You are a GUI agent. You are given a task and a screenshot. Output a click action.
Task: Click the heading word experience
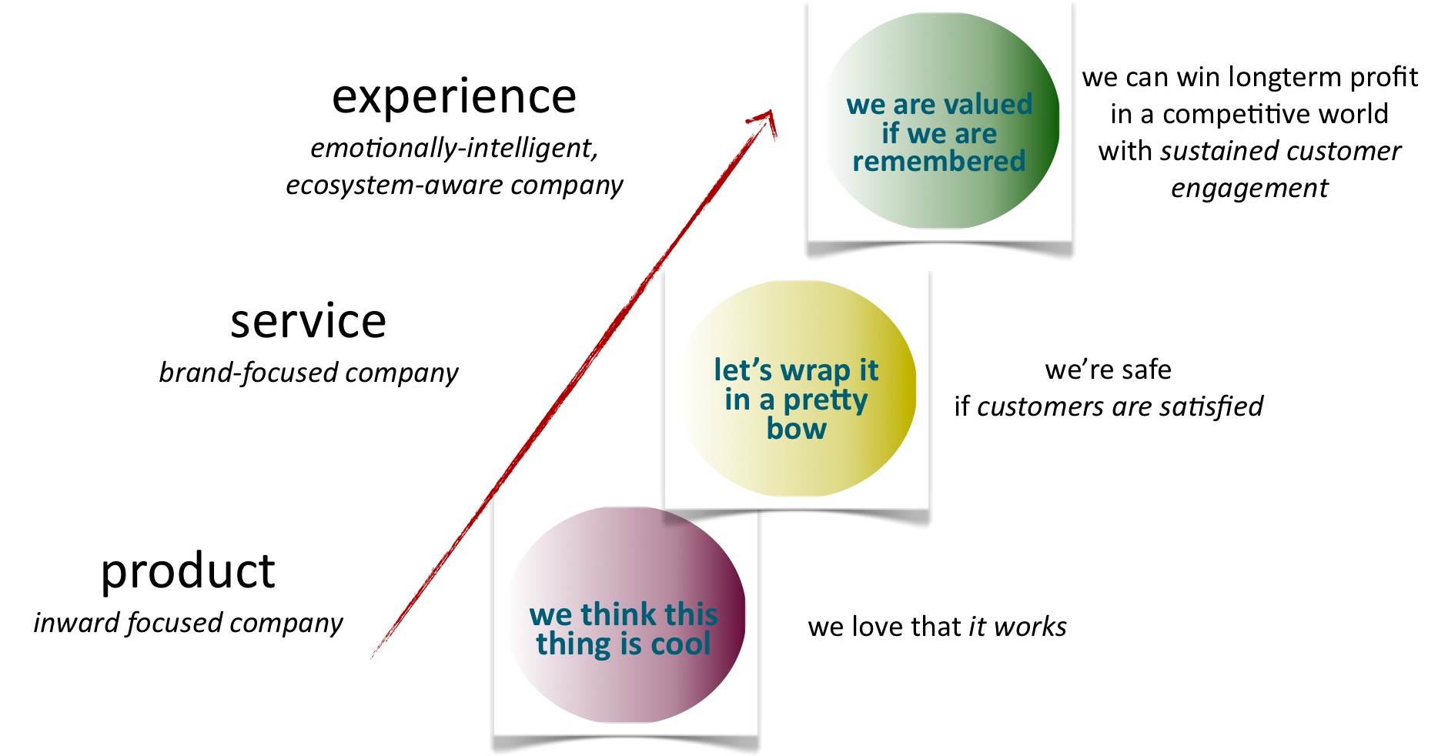[454, 97]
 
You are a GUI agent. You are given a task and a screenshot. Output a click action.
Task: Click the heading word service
[308, 321]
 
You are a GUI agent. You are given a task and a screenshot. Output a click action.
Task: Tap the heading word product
[188, 571]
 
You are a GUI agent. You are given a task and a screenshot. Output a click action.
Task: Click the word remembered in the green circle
[939, 162]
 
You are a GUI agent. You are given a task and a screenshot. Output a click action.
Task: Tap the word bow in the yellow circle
[797, 429]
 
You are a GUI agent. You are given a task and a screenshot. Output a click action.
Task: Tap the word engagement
[1249, 188]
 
